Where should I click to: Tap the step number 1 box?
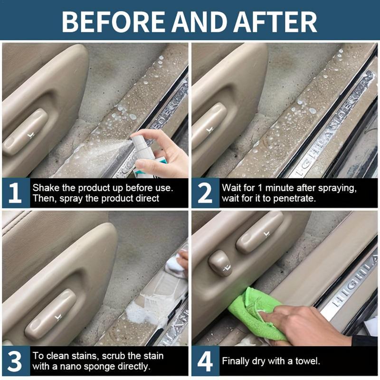pyautogui.click(x=15, y=193)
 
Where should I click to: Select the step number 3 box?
pyautogui.click(x=15, y=361)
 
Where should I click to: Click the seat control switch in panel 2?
pyautogui.click(x=209, y=126)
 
